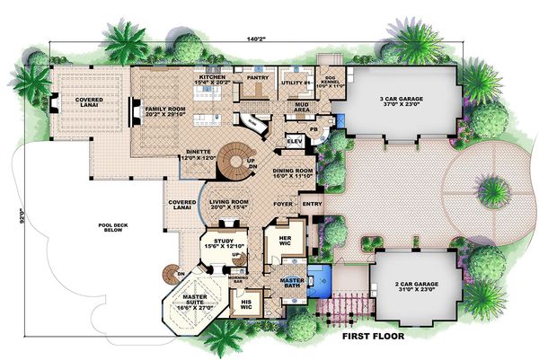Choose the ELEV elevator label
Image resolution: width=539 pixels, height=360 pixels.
click(294, 142)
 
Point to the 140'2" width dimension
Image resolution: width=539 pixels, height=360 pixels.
click(257, 39)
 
